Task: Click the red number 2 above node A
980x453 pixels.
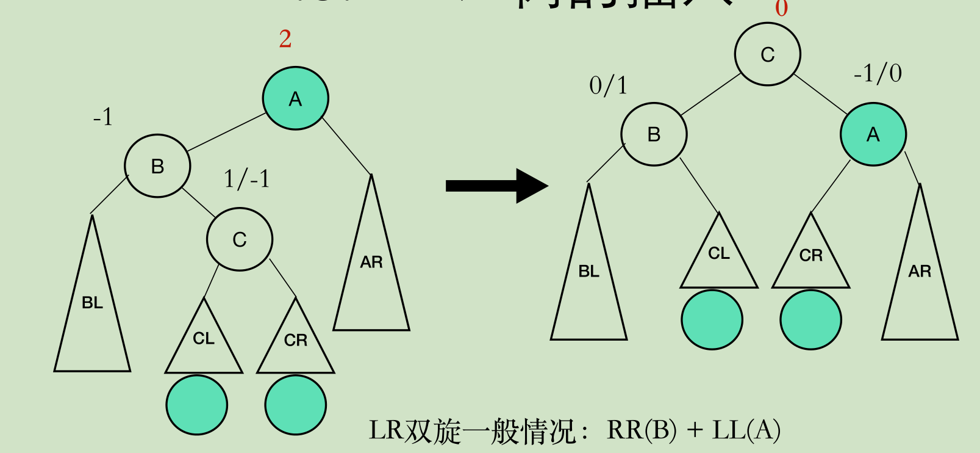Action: pyautogui.click(x=285, y=39)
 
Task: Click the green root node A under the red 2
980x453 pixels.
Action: pyautogui.click(x=295, y=98)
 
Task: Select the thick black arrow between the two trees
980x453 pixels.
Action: pyautogui.click(x=496, y=186)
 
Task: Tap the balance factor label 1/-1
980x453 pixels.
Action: pyautogui.click(x=246, y=179)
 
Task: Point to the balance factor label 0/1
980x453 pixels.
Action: pyautogui.click(x=608, y=85)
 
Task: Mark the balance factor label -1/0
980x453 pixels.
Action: pyautogui.click(x=878, y=74)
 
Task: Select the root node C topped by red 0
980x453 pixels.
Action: pyautogui.click(x=767, y=54)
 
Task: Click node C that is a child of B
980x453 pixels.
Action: pyautogui.click(x=239, y=239)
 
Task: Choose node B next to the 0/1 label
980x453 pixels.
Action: pyautogui.click(x=654, y=134)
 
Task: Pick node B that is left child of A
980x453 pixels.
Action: pyautogui.click(x=157, y=166)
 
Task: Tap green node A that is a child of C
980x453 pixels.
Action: pyautogui.click(x=873, y=134)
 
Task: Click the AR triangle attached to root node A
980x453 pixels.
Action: pyautogui.click(x=371, y=269)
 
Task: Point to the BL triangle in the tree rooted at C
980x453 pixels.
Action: pyautogui.click(x=588, y=278)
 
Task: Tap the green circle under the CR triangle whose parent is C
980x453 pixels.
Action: pyautogui.click(x=295, y=405)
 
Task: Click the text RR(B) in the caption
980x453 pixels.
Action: pyautogui.click(x=642, y=430)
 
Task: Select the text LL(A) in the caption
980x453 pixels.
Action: pyautogui.click(x=746, y=430)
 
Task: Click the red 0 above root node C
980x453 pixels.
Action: pyautogui.click(x=781, y=9)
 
